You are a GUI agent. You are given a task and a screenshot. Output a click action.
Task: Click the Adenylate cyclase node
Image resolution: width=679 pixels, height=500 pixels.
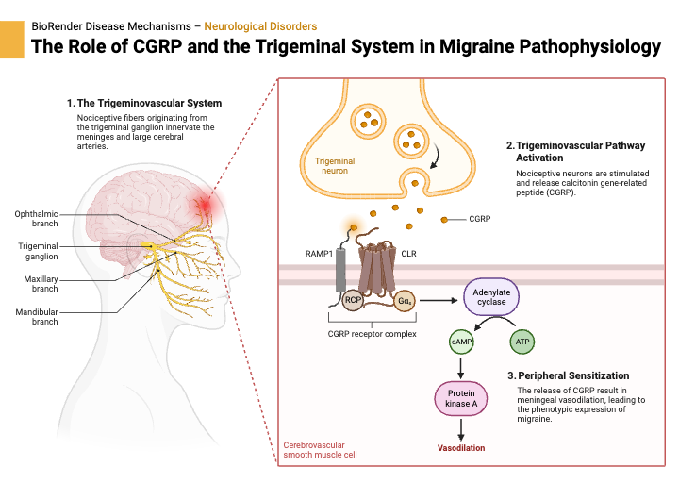pyautogui.click(x=490, y=296)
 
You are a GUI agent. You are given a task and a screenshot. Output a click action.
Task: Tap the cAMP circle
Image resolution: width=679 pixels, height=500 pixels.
pyautogui.click(x=461, y=341)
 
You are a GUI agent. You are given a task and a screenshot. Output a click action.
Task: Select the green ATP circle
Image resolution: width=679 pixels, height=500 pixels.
pyautogui.click(x=521, y=341)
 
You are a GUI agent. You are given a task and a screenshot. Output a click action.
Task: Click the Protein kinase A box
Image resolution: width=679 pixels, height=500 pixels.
pyautogui.click(x=461, y=398)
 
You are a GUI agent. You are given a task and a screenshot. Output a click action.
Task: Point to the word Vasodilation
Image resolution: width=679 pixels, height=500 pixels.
pyautogui.click(x=461, y=447)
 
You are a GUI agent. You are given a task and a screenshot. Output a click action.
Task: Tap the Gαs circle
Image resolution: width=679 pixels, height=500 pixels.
pyautogui.click(x=406, y=301)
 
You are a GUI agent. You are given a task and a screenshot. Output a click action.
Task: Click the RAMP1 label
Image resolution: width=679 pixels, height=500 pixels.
pyautogui.click(x=319, y=254)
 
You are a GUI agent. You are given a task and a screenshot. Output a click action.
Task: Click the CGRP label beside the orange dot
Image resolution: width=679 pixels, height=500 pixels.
pyautogui.click(x=480, y=219)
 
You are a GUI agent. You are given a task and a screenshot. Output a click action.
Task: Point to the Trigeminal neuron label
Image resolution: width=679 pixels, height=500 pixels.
pyautogui.click(x=336, y=166)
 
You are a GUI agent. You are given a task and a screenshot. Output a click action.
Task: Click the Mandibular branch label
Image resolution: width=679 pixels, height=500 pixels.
pyautogui.click(x=36, y=316)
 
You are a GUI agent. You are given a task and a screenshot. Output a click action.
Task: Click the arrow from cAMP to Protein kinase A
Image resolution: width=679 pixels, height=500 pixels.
pyautogui.click(x=461, y=366)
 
